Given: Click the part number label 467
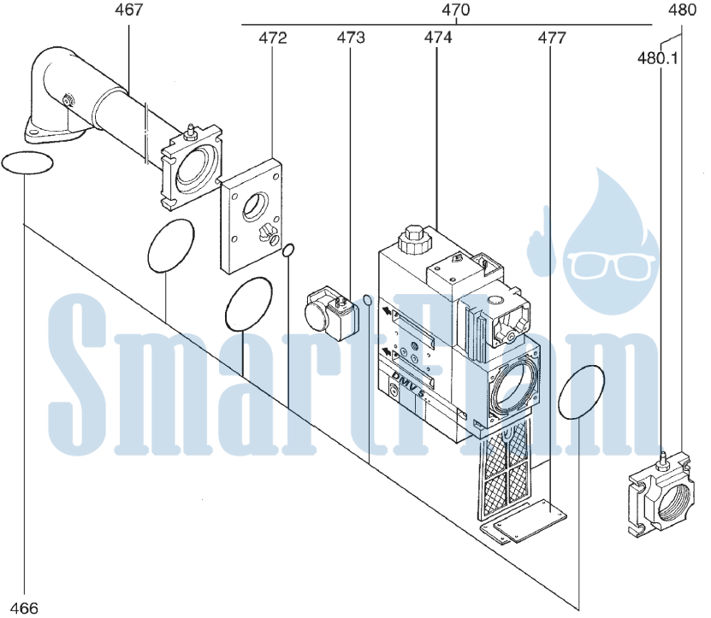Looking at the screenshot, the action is click(x=129, y=10).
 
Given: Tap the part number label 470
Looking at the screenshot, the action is click(x=456, y=10).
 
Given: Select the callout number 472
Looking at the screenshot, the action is click(x=273, y=38).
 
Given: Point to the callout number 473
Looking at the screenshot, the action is click(x=351, y=38).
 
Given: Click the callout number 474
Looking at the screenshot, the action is click(x=438, y=38).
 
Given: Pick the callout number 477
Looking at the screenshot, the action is click(x=552, y=38).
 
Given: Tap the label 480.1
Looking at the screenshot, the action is click(x=657, y=58).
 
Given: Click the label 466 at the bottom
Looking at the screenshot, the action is click(x=24, y=608).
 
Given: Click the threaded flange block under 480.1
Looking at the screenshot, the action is click(x=661, y=496).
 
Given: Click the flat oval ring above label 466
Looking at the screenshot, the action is click(x=27, y=162).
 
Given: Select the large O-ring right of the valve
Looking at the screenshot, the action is click(x=581, y=392).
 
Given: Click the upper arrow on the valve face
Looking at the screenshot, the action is click(x=387, y=311).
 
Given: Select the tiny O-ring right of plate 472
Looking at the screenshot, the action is click(x=288, y=250).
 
